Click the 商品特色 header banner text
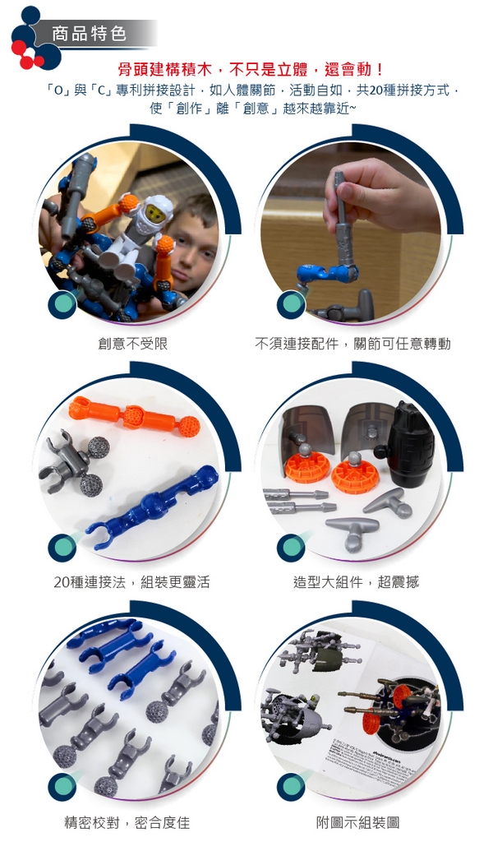pos(89,34)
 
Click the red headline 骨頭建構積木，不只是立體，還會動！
pos(251,69)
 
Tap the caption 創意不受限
pos(132,344)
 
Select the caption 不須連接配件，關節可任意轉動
pos(352,344)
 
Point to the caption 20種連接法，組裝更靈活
pos(131,581)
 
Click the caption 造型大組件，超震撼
pos(356,581)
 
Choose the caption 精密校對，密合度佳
pos(127,822)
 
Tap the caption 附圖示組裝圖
pos(357,822)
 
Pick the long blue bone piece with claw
pos(153,507)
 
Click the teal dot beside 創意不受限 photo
pos(62,304)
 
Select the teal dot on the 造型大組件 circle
pos(292,546)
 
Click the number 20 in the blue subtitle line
pos(376,90)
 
